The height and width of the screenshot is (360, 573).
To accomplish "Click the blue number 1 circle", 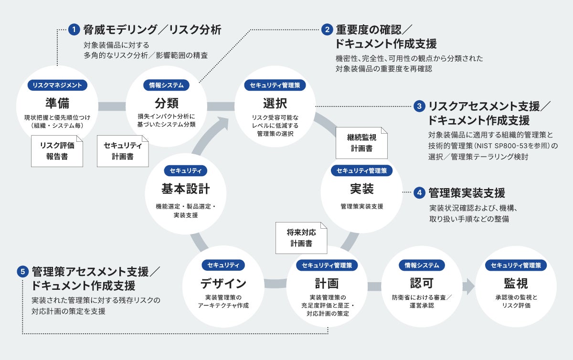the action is coord(74,30).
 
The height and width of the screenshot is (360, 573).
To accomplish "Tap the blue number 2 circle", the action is coord(327,30).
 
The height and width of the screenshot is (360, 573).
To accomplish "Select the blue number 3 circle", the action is coord(419,106).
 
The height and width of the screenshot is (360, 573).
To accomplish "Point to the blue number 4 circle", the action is coord(419,193).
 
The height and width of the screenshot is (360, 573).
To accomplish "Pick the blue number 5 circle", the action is coord(23,272).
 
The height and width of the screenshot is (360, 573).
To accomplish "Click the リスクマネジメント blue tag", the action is coord(57,85).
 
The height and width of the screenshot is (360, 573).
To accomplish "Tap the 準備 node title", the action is coord(57,103).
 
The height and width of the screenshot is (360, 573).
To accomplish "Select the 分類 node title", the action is coord(167,103).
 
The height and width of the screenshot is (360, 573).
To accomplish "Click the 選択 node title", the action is coord(275,103).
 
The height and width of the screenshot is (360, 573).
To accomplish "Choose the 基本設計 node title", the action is coord(186,189).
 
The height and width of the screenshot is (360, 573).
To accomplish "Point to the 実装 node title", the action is coord(362,189).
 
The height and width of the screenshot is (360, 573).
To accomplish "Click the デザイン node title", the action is coord(223,284).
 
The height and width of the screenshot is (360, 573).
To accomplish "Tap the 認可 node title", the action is coord(422,283).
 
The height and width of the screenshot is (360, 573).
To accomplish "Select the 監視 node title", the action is coord(516,283).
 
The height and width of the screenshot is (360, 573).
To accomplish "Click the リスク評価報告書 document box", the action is coord(57,151).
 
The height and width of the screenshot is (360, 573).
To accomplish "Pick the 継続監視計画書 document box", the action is coord(361,143).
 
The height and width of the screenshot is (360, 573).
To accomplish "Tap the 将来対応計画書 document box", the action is coord(301,238).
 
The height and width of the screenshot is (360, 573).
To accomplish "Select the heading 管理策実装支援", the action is coord(467,193).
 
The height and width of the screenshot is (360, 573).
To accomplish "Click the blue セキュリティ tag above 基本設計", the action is coord(186,170).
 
